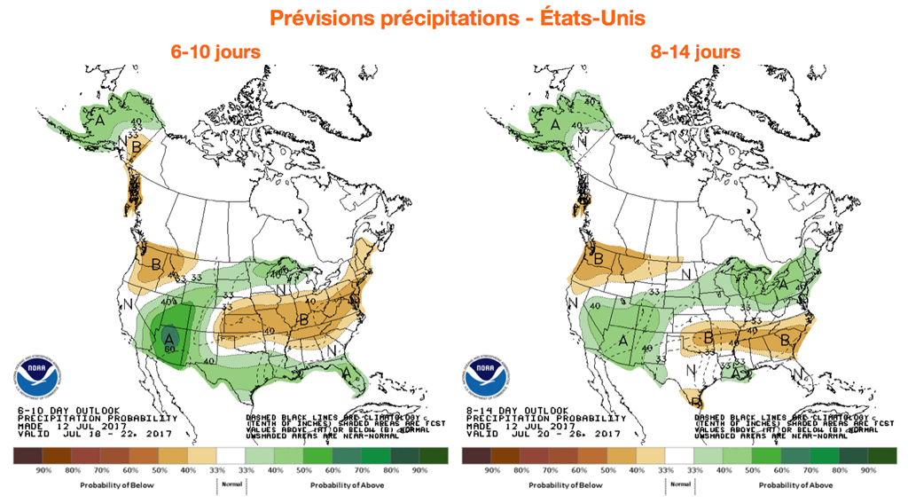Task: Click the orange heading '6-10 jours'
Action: [x=215, y=51]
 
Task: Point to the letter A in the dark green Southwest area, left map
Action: [x=168, y=335]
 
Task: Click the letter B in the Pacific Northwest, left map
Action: [x=156, y=263]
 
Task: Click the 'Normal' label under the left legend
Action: [x=231, y=484]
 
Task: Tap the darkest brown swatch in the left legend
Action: [x=27, y=455]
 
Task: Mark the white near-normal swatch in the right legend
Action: [x=679, y=455]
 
